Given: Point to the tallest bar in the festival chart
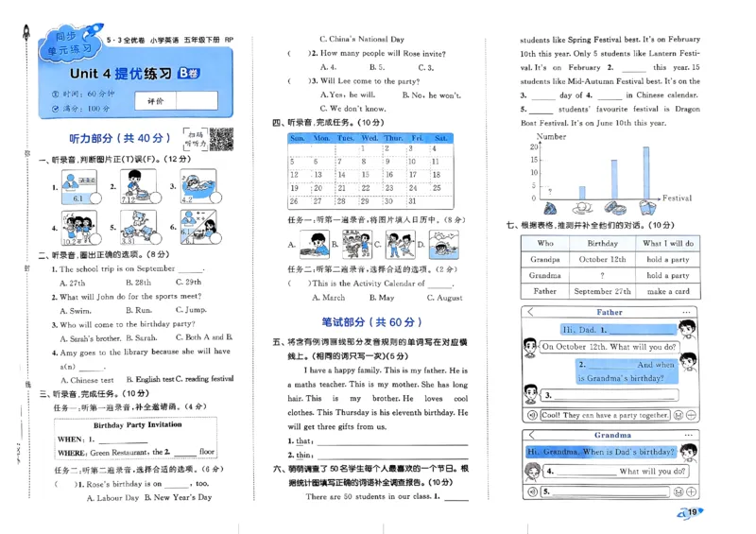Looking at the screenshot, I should (x=646, y=173).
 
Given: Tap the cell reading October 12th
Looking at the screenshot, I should (x=598, y=259).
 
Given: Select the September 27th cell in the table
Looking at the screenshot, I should (x=598, y=291).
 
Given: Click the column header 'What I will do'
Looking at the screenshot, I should (x=668, y=243).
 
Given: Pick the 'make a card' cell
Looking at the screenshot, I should (x=668, y=291).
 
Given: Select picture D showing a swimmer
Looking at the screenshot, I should (x=443, y=245).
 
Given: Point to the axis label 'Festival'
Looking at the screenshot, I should (x=677, y=198).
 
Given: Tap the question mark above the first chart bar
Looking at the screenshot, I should (x=549, y=191).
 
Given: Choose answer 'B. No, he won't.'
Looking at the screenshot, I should (x=431, y=95).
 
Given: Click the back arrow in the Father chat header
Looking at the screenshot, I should (x=530, y=312).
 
